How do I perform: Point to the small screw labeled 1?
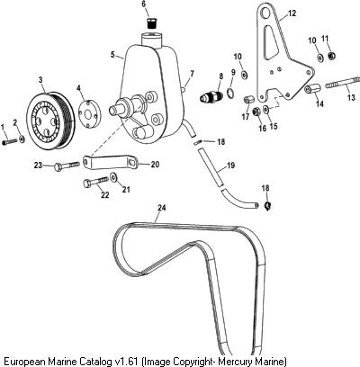click(10, 142)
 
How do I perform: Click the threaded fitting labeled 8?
click(211, 96)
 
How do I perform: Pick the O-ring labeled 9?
click(230, 93)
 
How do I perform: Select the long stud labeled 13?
click(343, 82)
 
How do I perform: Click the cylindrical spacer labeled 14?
click(312, 89)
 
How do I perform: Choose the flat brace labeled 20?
click(111, 163)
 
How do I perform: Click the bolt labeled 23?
click(67, 166)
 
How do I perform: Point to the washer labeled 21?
click(113, 177)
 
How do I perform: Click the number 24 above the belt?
click(162, 208)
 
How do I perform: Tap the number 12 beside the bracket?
click(292, 13)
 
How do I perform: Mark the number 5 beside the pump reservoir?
click(112, 55)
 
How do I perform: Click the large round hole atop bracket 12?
click(265, 13)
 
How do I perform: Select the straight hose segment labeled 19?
click(210, 168)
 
